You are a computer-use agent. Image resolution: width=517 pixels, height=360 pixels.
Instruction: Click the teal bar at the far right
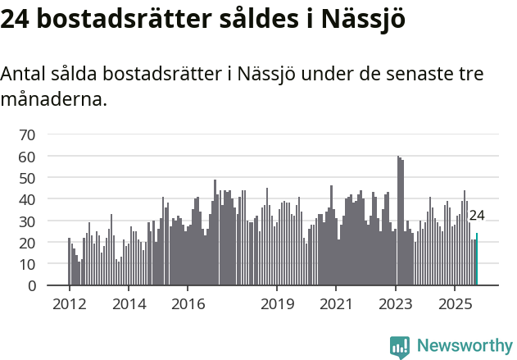click(477, 260)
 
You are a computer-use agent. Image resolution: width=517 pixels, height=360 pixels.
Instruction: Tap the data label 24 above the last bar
click(477, 216)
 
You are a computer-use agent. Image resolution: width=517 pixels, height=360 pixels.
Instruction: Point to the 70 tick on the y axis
click(27, 134)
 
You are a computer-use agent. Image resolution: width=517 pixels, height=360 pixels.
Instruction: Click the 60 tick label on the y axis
click(27, 156)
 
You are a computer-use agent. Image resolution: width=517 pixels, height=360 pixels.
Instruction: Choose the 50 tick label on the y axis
click(27, 178)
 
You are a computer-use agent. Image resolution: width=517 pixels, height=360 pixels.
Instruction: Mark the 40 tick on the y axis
click(27, 199)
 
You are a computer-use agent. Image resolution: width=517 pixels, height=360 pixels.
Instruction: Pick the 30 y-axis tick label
click(27, 221)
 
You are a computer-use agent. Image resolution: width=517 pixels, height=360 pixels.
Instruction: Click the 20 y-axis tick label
click(27, 243)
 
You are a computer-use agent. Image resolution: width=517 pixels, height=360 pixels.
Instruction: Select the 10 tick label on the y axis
click(27, 265)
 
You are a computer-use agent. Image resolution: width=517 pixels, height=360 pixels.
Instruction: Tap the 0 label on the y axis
click(31, 286)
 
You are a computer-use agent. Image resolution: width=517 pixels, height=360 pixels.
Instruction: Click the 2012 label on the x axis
click(69, 303)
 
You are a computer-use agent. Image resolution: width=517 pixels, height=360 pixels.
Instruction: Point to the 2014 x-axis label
click(129, 303)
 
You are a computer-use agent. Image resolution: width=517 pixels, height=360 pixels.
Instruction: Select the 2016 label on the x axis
click(188, 303)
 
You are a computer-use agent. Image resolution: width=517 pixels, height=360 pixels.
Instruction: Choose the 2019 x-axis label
click(277, 303)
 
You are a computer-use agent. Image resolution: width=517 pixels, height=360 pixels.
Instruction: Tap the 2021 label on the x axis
click(336, 303)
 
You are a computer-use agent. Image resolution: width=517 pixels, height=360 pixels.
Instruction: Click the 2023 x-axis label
click(396, 303)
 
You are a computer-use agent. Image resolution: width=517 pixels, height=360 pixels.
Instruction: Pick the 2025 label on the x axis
click(455, 303)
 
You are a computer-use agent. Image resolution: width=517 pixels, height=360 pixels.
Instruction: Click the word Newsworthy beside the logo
click(464, 345)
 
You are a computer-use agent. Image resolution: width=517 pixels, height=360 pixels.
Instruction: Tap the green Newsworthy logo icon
click(400, 347)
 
